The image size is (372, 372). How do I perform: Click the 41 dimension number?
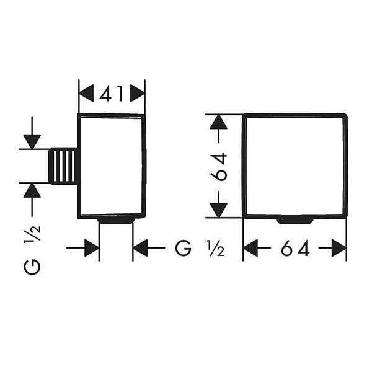click(x=112, y=93)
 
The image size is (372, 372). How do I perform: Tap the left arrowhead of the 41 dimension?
click(x=86, y=93)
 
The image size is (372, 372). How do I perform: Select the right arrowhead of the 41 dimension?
click(x=138, y=93)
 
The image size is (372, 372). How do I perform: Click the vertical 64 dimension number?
click(x=219, y=167)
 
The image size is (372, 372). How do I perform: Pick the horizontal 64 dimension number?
click(x=295, y=248)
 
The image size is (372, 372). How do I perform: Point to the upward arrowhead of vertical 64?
click(x=218, y=122)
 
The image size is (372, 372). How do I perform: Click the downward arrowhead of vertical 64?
click(x=218, y=210)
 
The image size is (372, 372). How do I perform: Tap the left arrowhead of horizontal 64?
click(x=250, y=248)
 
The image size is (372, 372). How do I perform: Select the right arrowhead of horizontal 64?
click(x=339, y=248)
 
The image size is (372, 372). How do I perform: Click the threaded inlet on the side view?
click(x=63, y=166)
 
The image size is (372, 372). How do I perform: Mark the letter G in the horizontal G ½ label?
click(x=183, y=248)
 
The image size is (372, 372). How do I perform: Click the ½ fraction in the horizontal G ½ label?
click(x=215, y=248)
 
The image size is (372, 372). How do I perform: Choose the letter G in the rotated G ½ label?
click(x=32, y=267)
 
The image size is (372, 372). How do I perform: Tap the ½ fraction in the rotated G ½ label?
click(x=32, y=233)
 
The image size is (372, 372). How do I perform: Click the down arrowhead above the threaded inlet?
click(x=32, y=142)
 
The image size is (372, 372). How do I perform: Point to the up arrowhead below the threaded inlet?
click(x=32, y=190)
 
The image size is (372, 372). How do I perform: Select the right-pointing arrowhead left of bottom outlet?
click(x=92, y=248)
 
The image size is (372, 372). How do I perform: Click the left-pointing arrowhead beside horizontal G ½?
click(x=141, y=248)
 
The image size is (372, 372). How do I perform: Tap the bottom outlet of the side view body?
click(x=117, y=221)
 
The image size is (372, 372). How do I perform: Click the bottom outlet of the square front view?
click(x=295, y=221)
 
